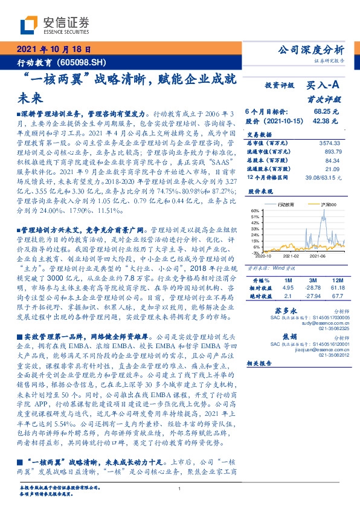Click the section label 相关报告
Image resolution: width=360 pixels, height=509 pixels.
[260, 363]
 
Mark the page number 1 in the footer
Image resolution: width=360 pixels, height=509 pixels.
[180, 489]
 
